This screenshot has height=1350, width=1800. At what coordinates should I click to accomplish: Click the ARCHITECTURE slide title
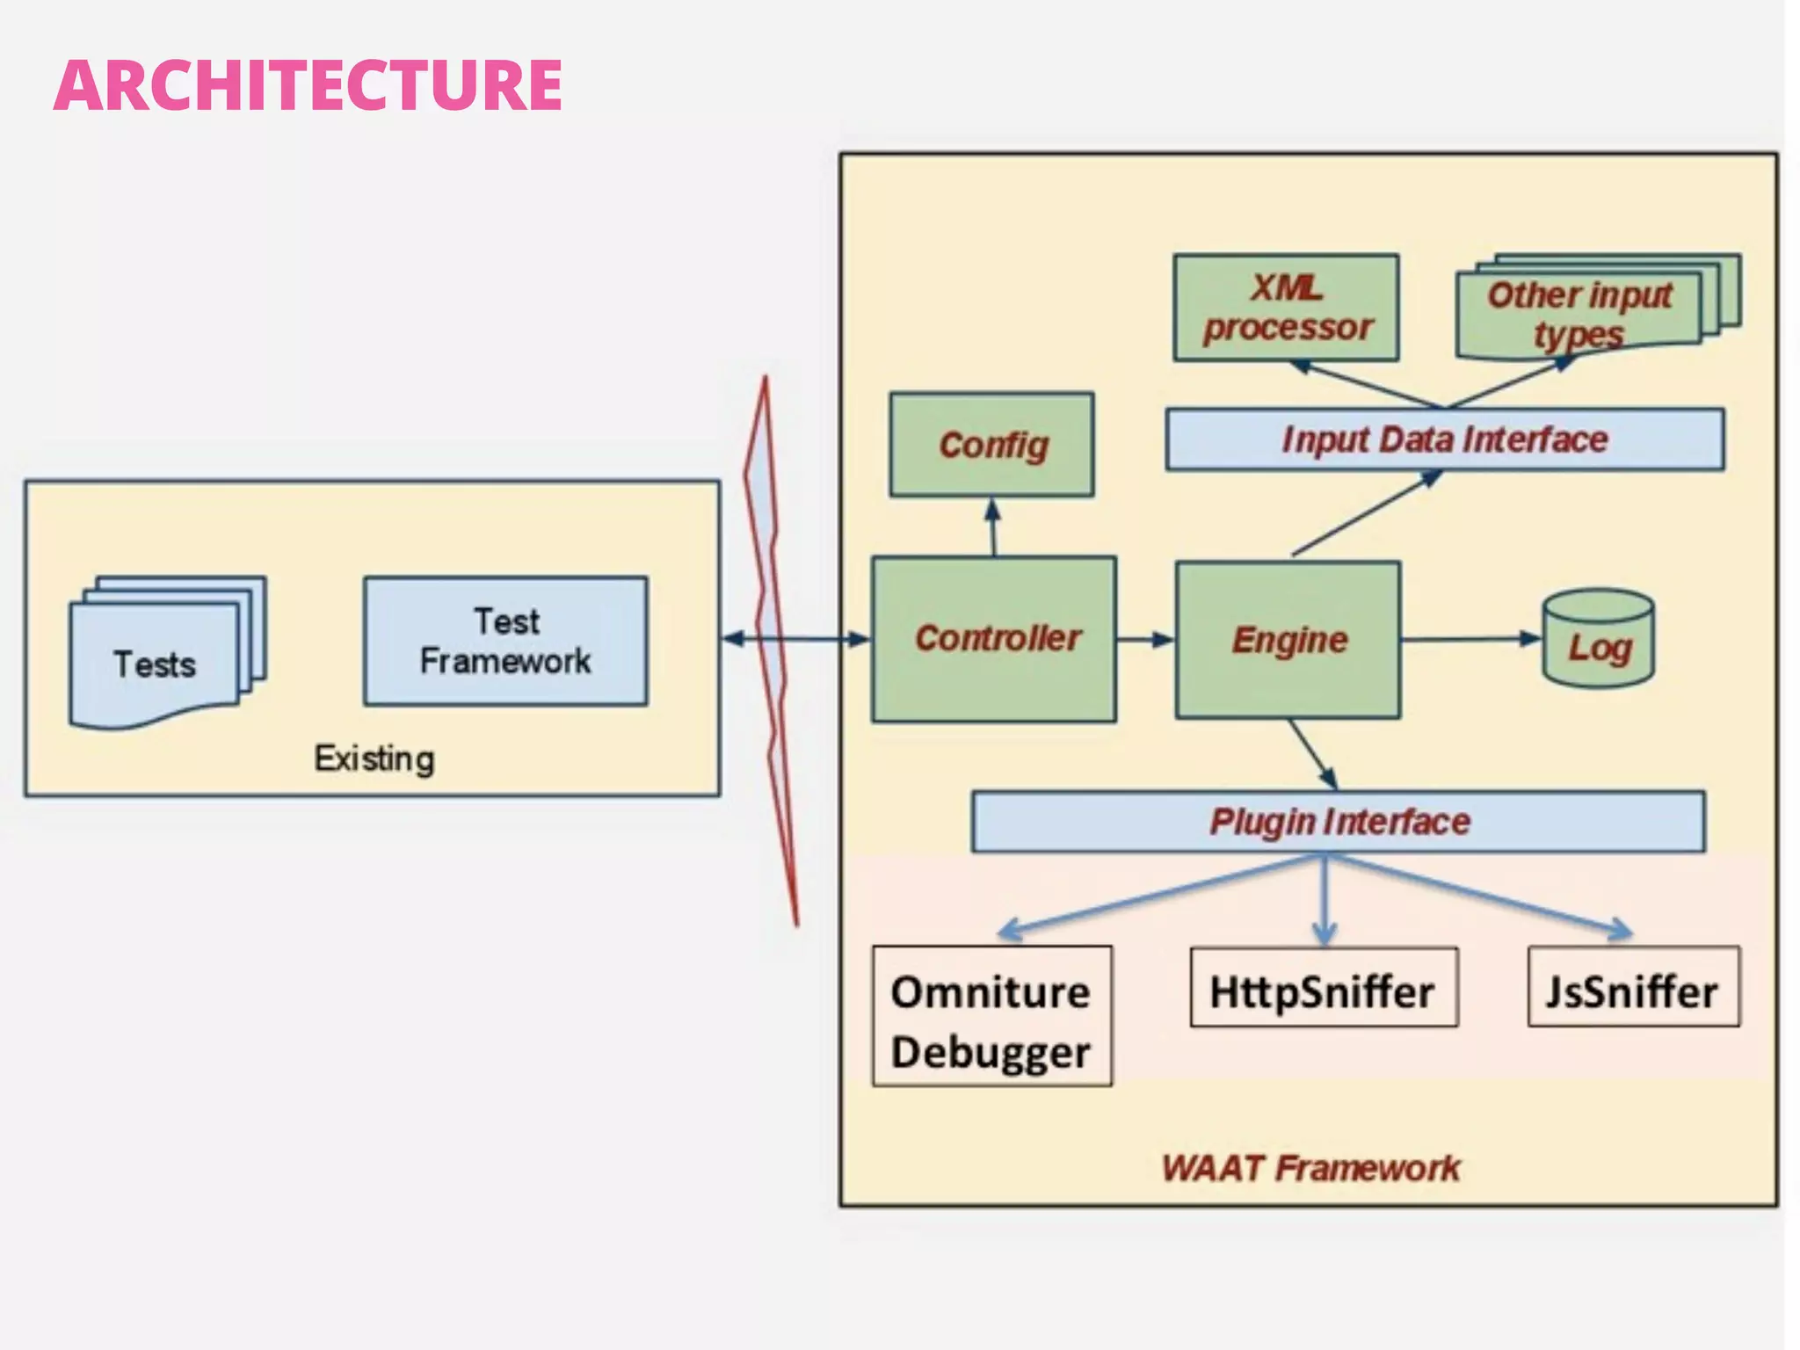click(x=308, y=85)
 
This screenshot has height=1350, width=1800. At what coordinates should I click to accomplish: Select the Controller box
click(x=994, y=639)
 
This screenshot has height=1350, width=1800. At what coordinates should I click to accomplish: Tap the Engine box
click(x=1288, y=640)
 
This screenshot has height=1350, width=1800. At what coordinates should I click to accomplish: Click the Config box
click(x=991, y=445)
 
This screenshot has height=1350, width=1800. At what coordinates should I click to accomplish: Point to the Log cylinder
click(x=1598, y=640)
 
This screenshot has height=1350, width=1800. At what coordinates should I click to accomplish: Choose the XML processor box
click(x=1286, y=308)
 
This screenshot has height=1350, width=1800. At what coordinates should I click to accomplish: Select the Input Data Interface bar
click(x=1444, y=439)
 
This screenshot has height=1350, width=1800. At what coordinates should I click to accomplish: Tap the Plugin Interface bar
click(x=1338, y=822)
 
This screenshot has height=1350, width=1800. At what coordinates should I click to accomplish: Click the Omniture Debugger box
click(x=991, y=1017)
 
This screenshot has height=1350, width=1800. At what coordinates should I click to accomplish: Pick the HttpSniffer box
click(x=1323, y=988)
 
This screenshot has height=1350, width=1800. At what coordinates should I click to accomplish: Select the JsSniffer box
click(x=1633, y=988)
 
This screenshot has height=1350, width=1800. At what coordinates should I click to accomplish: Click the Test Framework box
click(x=505, y=642)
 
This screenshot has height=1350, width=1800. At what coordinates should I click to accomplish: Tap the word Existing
click(x=374, y=758)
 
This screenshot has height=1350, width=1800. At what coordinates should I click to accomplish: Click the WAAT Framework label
click(x=1310, y=1168)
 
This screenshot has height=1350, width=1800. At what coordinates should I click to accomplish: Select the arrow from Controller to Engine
click(x=1145, y=639)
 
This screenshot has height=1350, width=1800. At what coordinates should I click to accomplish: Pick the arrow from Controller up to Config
click(x=993, y=526)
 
